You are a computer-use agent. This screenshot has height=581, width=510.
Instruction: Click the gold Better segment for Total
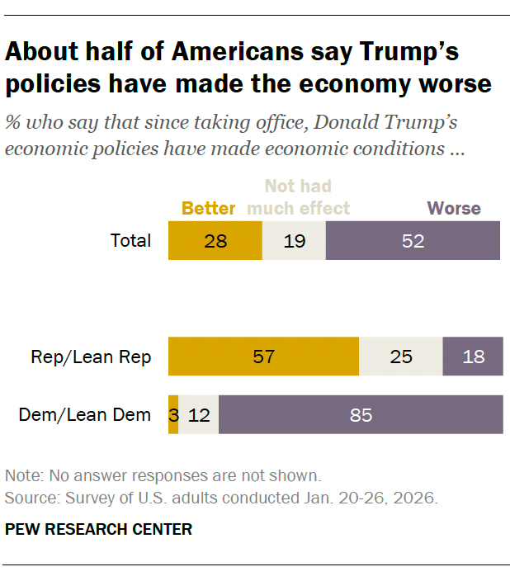click(215, 240)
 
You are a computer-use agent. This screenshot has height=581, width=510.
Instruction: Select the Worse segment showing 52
click(413, 240)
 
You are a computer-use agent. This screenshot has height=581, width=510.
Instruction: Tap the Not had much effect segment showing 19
click(295, 240)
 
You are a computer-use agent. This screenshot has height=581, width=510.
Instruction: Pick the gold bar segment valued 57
click(263, 356)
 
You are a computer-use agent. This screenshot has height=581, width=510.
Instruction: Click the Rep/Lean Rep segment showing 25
click(401, 356)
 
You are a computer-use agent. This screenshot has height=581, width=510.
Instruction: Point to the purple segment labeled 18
click(473, 356)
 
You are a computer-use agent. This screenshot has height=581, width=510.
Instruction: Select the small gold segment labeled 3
click(173, 414)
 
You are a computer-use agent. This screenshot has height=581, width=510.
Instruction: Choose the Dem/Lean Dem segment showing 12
click(199, 414)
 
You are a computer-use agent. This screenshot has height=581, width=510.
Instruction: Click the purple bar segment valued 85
click(361, 414)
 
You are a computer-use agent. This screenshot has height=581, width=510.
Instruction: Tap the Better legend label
click(208, 208)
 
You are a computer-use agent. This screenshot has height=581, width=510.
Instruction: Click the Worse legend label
click(454, 208)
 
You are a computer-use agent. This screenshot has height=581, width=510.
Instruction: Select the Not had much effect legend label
click(298, 196)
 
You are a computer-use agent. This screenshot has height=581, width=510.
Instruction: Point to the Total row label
click(131, 240)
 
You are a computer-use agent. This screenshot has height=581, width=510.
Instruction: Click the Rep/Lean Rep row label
click(91, 357)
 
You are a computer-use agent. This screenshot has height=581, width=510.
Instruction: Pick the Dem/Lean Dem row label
click(85, 415)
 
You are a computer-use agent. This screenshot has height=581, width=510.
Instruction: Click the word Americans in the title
click(238, 51)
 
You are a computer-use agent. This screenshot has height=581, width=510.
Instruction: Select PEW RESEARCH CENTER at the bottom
click(98, 529)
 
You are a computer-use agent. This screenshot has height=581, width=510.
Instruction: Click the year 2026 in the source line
click(415, 498)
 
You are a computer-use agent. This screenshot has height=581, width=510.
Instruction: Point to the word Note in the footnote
click(25, 475)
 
